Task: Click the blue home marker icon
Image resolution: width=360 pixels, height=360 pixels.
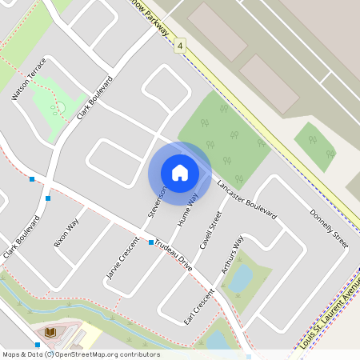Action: pyautogui.click(x=180, y=172)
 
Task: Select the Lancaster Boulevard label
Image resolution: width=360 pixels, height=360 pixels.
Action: pyautogui.click(x=246, y=201)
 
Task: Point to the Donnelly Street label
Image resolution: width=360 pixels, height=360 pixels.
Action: pyautogui.click(x=329, y=228)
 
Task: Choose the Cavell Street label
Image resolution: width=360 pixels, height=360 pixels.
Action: pyautogui.click(x=210, y=230)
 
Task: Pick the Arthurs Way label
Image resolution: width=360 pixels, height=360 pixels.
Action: pyautogui.click(x=231, y=255)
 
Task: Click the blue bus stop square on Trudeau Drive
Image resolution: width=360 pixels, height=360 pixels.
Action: pyautogui.click(x=150, y=241)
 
